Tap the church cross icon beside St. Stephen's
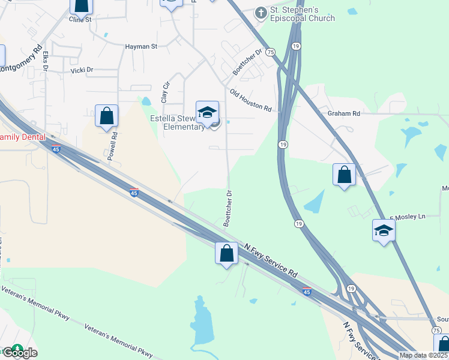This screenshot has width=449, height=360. (261, 11)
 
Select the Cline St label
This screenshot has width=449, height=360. (80, 19)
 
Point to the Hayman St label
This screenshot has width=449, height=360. (140, 46)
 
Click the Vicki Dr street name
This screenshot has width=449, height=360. (82, 70)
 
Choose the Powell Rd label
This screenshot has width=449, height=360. (112, 146)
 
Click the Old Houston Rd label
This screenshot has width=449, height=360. (251, 100)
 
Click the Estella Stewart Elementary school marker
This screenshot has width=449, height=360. (207, 112)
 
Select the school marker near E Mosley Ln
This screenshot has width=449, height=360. (384, 230)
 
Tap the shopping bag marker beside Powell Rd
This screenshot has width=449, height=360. (106, 116)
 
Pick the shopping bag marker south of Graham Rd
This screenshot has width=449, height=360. (344, 175)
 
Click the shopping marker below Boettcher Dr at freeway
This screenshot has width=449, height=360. (226, 253)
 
